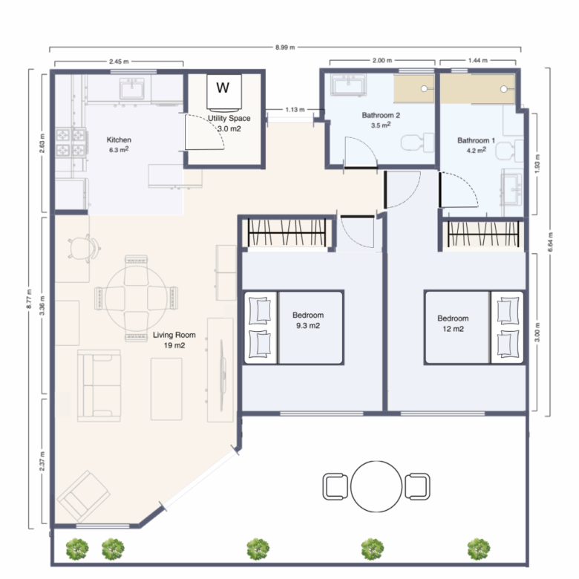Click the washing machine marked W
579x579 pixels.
[x=223, y=92]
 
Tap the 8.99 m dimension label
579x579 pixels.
[x=285, y=48]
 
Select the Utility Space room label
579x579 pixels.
[x=229, y=118]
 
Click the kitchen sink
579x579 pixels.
[x=132, y=88]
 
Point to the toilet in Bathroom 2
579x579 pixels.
[x=418, y=143]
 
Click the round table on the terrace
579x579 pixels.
[x=376, y=486]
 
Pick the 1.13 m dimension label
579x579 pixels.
[x=295, y=110]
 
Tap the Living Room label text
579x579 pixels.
[x=174, y=335]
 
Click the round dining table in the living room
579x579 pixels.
[x=136, y=298]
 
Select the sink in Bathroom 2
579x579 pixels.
[x=348, y=85]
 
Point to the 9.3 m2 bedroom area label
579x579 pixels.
[x=308, y=326]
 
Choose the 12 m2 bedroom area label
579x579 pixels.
[x=453, y=329]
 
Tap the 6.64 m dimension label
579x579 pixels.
[x=550, y=242]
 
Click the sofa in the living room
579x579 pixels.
[x=99, y=385]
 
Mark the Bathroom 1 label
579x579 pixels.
[x=476, y=140]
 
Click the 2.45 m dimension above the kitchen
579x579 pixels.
[x=119, y=62]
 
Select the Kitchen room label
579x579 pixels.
[x=119, y=140]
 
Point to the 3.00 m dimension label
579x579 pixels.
[x=537, y=332]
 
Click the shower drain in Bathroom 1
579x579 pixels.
[x=504, y=89]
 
